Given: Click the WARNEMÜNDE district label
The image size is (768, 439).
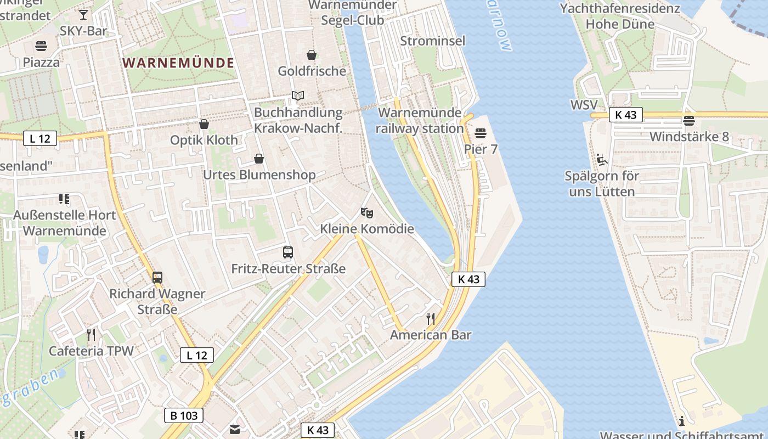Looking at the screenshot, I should [179, 63].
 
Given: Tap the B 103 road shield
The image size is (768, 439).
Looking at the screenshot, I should [184, 415].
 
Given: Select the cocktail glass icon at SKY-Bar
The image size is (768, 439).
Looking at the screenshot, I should [83, 14].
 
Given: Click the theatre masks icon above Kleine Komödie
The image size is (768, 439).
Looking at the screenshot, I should [366, 212].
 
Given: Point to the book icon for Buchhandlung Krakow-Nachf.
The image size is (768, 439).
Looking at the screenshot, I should [298, 95].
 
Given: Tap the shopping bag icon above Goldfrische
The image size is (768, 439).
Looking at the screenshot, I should [312, 55].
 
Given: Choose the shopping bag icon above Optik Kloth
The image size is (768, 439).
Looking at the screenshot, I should [204, 124].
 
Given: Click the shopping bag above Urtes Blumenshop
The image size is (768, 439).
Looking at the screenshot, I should [259, 159].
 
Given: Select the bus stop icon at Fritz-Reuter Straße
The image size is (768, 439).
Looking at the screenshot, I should [288, 252].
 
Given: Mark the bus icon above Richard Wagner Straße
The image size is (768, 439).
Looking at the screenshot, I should [157, 277].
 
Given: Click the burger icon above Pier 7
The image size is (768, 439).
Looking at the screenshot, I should [481, 133].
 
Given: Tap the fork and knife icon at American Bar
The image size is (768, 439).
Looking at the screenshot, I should [431, 318].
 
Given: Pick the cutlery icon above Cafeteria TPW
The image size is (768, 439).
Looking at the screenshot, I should [91, 334].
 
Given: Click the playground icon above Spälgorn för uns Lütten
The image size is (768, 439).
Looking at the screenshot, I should [602, 160].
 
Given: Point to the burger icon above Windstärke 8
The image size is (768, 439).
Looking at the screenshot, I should [689, 120].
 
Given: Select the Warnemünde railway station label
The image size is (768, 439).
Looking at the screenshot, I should [421, 121].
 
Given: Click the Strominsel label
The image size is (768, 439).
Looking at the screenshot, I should [433, 41].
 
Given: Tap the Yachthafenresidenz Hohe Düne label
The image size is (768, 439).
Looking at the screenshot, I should [620, 16].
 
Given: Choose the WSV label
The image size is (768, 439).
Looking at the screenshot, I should [584, 105].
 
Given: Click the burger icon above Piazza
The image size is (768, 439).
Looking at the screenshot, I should [41, 46].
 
